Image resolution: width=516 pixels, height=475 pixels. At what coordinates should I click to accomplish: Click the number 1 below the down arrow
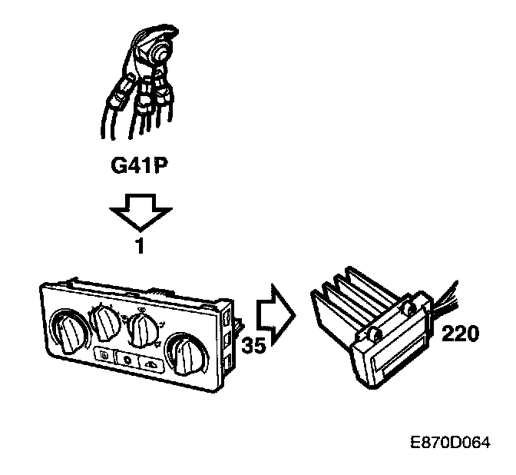141,248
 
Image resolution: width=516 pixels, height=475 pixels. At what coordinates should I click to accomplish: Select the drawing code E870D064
450,444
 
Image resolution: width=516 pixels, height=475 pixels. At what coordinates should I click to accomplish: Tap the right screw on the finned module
409,308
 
